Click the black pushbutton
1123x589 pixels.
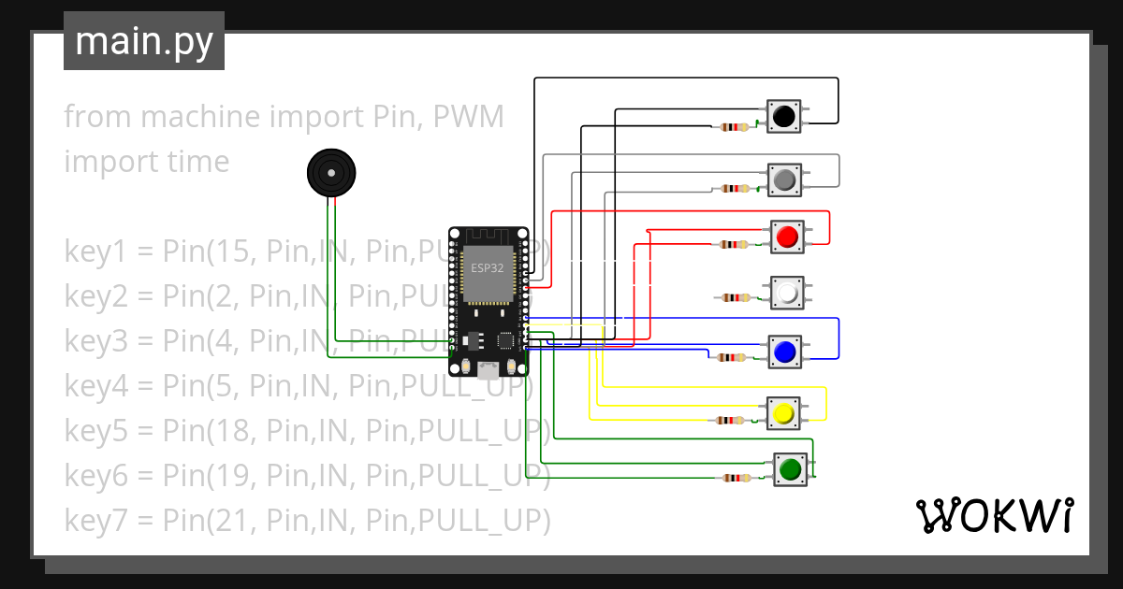click(783, 116)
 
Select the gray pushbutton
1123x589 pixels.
click(785, 178)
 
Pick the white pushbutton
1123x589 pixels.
click(787, 294)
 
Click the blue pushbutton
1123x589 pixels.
click(784, 352)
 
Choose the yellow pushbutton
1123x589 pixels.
click(783, 412)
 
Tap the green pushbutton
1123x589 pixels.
click(791, 468)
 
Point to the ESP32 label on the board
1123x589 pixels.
click(487, 267)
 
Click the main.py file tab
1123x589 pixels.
click(144, 41)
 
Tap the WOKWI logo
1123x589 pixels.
click(993, 516)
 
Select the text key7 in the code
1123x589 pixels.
click(95, 519)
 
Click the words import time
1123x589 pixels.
click(146, 162)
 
